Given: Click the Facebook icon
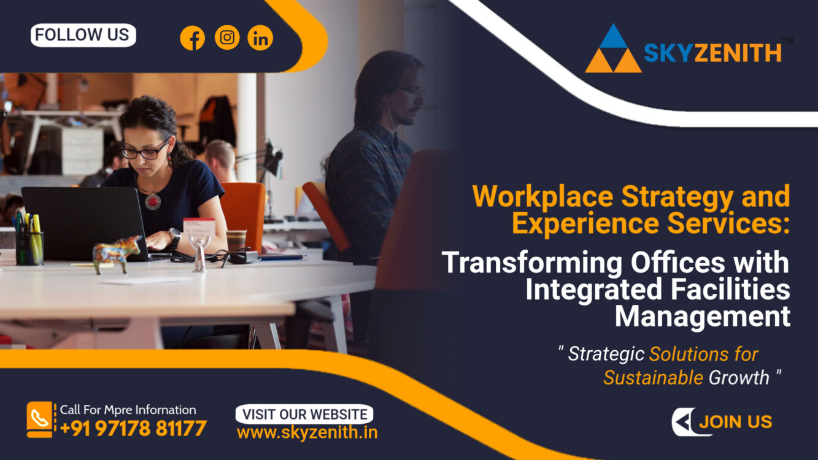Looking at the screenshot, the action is pyautogui.click(x=193, y=37).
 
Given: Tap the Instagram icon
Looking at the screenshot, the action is pyautogui.click(x=227, y=37).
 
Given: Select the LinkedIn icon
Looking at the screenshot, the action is pyautogui.click(x=260, y=37).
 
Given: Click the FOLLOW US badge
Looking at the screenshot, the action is pyautogui.click(x=83, y=35).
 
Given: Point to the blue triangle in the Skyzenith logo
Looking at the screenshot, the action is pyautogui.click(x=613, y=37).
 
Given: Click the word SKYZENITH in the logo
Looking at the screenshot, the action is pyautogui.click(x=712, y=53).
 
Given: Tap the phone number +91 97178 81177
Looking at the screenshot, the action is pyautogui.click(x=133, y=428).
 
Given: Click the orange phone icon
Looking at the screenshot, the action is pyautogui.click(x=39, y=419).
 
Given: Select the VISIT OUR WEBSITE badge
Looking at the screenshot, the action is pyautogui.click(x=304, y=415).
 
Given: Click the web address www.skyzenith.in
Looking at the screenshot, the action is pyautogui.click(x=307, y=432).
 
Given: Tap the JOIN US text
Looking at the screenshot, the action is pyautogui.click(x=736, y=422).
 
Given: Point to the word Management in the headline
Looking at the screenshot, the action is pyautogui.click(x=703, y=317).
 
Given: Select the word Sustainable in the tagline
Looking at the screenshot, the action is pyautogui.click(x=653, y=377).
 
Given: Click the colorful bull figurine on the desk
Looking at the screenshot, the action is pyautogui.click(x=117, y=253).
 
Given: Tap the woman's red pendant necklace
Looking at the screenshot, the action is pyautogui.click(x=153, y=201).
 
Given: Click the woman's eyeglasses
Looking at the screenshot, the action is pyautogui.click(x=145, y=150).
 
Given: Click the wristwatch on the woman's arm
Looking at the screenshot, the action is pyautogui.click(x=175, y=238).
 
